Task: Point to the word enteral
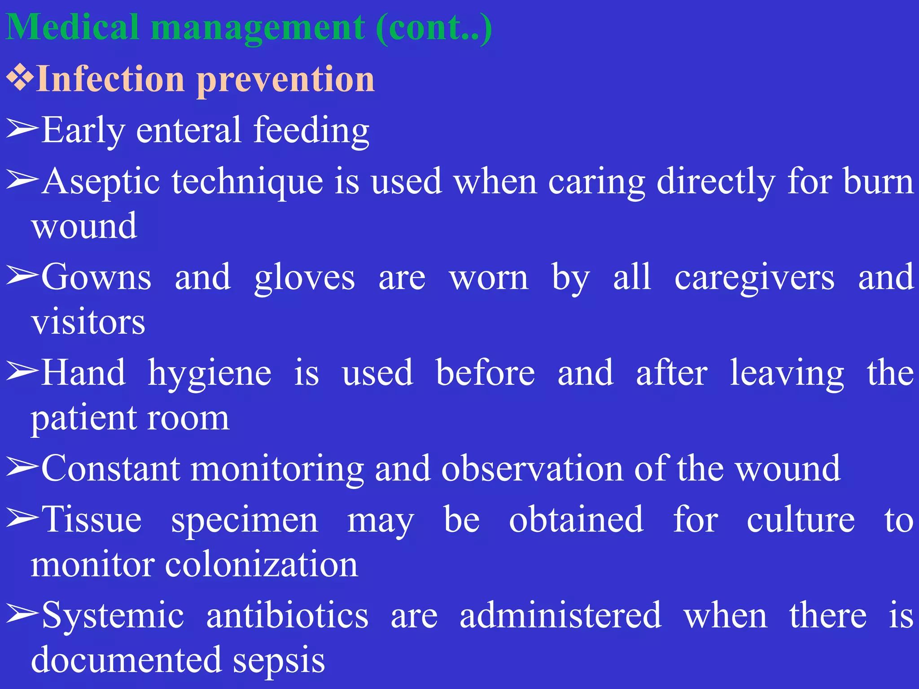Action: [188, 130]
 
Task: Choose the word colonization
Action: [262, 564]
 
